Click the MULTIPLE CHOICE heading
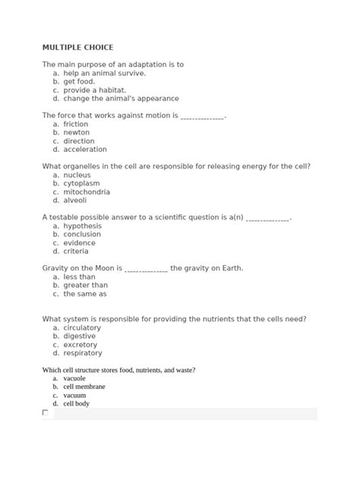77,47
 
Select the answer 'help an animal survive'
104,74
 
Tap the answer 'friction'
76,125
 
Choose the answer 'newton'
77,133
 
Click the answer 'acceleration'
85,150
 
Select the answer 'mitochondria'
87,192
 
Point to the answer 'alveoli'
76,201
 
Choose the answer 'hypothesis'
82,226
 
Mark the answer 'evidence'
79,243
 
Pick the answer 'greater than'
86,286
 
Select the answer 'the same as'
85,294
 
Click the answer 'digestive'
80,336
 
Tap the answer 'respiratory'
83,353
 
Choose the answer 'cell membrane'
84,387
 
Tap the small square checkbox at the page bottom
46,413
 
